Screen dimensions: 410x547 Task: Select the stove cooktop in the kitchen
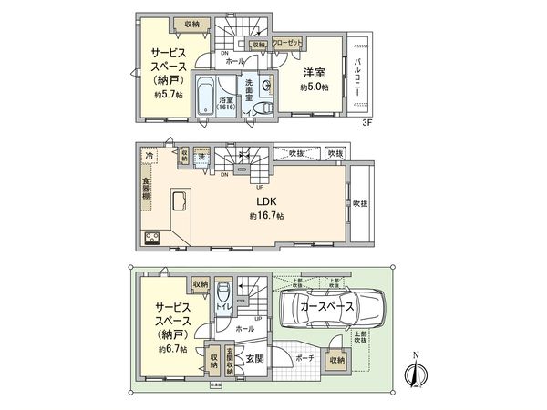pyautogui.click(x=149, y=240)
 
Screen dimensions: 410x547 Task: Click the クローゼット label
pyautogui.click(x=288, y=43)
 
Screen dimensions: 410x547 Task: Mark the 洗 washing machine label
pyautogui.click(x=201, y=157)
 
